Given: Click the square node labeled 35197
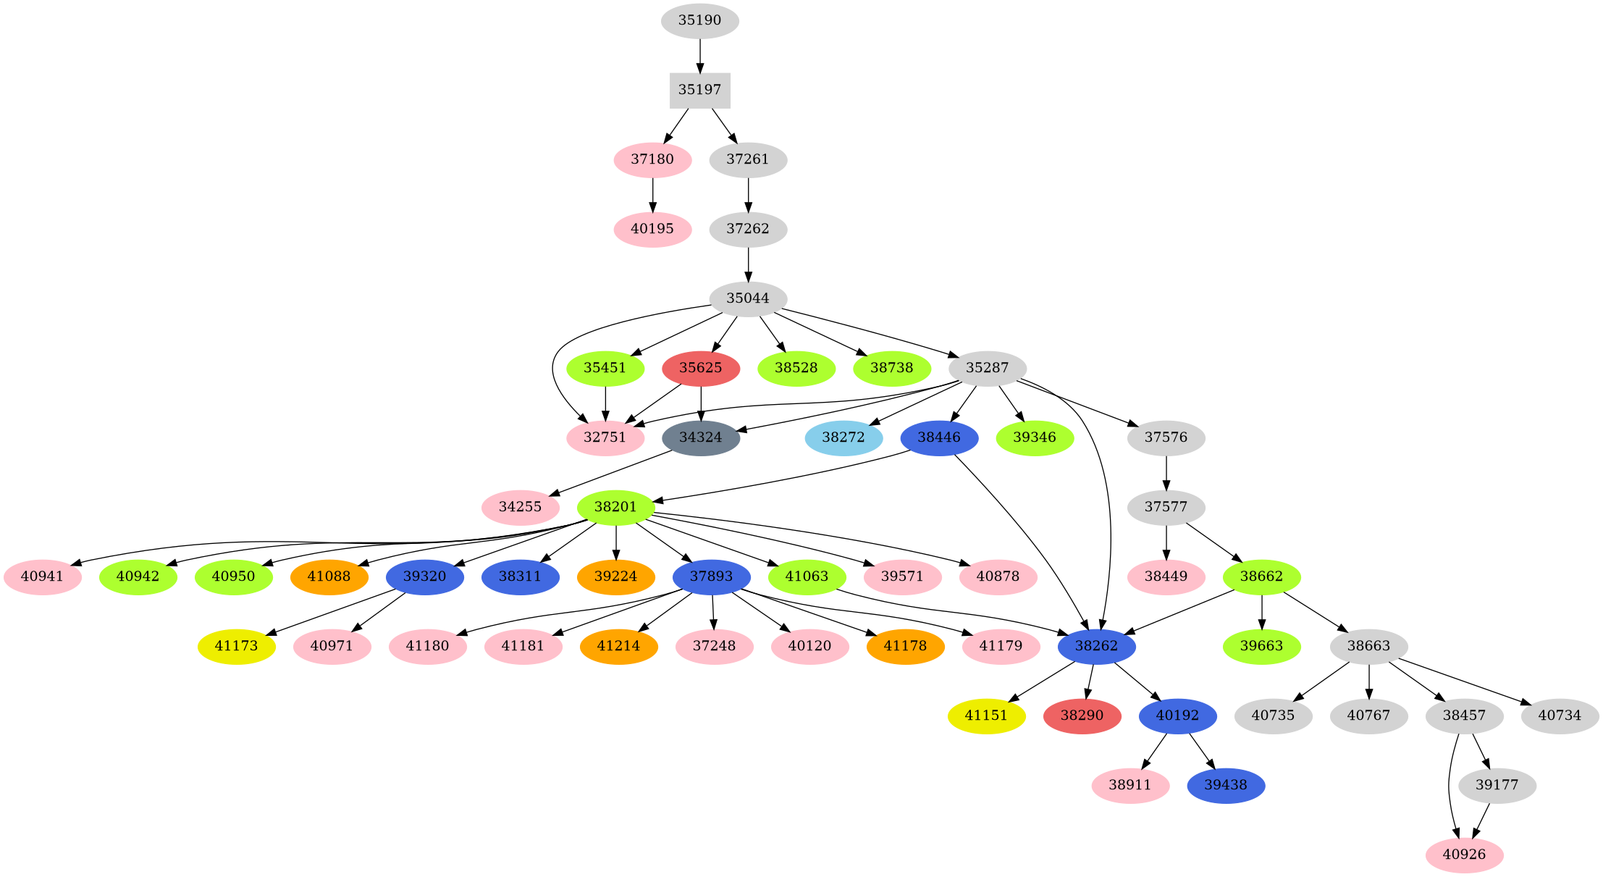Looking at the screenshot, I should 699,91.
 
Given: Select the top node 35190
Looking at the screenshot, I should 699,20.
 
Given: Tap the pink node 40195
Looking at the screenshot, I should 652,229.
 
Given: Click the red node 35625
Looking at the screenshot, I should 700,368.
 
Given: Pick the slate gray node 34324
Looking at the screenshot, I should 700,437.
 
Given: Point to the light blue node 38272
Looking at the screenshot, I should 843,437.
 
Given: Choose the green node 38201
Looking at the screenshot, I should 615,507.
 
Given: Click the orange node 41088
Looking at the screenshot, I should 329,576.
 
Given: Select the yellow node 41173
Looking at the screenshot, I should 236,646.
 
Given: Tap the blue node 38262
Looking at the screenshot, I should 1096,646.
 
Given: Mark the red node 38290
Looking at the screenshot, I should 1082,716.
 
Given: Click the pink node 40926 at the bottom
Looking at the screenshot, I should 1464,855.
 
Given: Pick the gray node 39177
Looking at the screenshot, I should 1497,785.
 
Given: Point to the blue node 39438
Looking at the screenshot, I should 1226,785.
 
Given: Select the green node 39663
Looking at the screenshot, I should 1261,646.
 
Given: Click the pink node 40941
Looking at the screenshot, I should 42,576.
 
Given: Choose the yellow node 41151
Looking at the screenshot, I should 986,716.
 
